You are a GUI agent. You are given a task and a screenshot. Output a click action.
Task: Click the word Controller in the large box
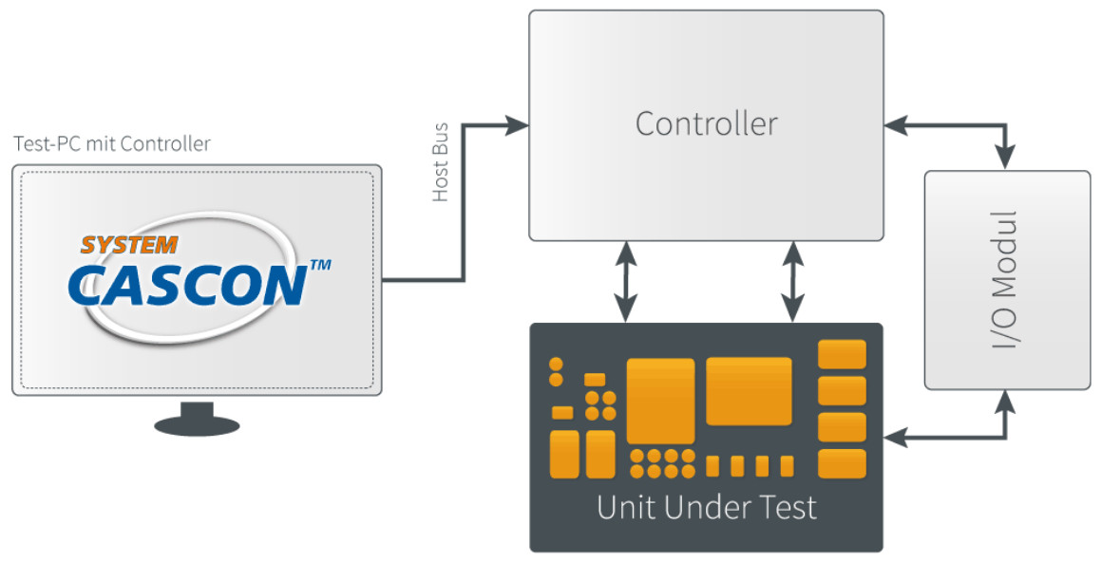click(706, 124)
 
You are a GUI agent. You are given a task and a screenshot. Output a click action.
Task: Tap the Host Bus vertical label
click(441, 162)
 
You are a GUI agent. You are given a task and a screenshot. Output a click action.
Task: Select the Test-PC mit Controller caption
click(112, 144)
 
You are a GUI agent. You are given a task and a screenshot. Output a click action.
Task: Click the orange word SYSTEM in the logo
click(129, 245)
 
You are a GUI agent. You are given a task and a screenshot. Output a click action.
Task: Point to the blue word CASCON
click(188, 285)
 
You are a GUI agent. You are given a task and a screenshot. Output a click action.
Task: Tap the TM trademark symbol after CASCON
click(320, 266)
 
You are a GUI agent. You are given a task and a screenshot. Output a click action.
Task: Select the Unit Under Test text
click(706, 507)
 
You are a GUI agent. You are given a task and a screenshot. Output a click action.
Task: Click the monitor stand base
click(197, 424)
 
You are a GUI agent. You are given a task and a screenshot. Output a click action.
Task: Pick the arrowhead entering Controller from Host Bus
click(517, 125)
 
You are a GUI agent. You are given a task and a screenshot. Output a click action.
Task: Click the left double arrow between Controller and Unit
click(625, 282)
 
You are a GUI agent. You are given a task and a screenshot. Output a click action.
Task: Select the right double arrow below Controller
click(792, 282)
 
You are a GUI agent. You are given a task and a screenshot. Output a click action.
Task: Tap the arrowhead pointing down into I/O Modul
click(1006, 158)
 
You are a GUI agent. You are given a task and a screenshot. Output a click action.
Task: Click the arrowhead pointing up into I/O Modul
click(1006, 402)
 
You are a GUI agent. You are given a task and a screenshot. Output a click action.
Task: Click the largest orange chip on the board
click(660, 402)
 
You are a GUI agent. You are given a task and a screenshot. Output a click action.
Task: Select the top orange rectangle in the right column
click(842, 354)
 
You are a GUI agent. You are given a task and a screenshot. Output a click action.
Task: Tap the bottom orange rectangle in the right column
click(842, 463)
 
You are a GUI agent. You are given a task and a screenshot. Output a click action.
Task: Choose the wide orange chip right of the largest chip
click(750, 391)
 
